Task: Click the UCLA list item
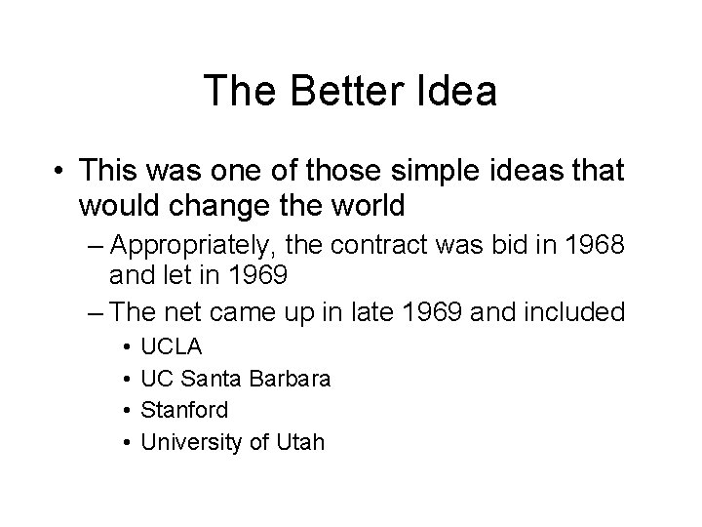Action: click(x=172, y=345)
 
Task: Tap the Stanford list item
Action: click(x=184, y=410)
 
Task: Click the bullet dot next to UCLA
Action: click(x=127, y=346)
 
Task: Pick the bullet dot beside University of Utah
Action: click(x=127, y=443)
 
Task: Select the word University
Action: click(x=190, y=442)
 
